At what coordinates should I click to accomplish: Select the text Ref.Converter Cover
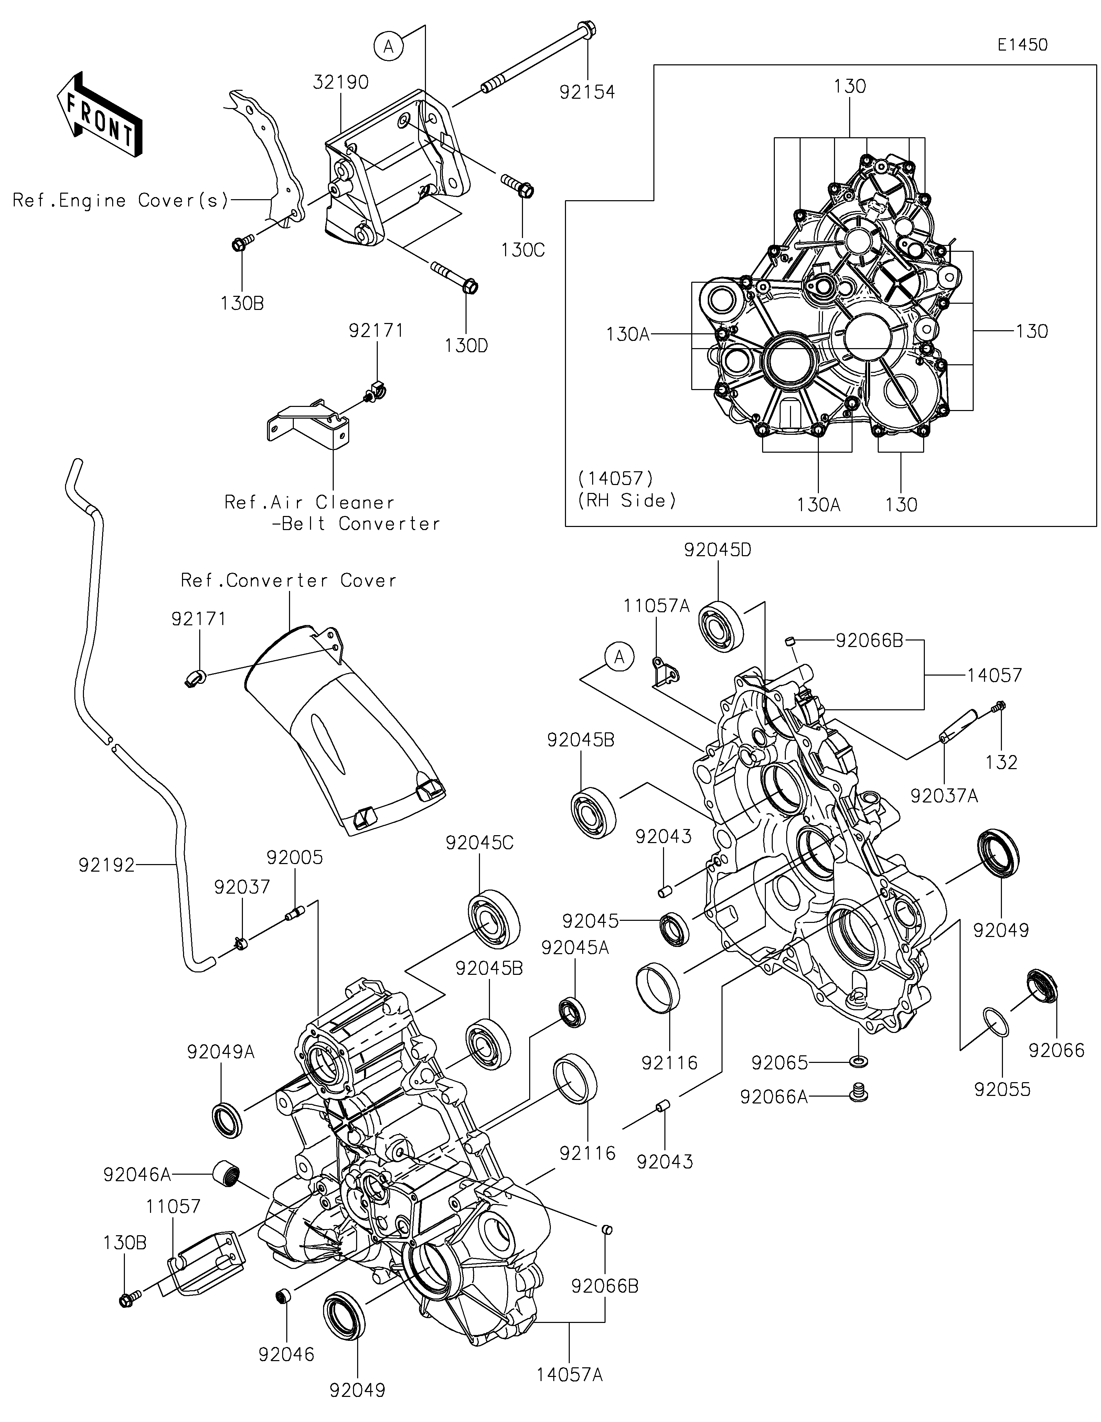(x=288, y=580)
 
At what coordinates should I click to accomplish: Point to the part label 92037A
(x=944, y=796)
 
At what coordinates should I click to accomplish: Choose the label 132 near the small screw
(x=1001, y=762)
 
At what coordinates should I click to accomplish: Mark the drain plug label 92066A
(x=773, y=1097)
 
